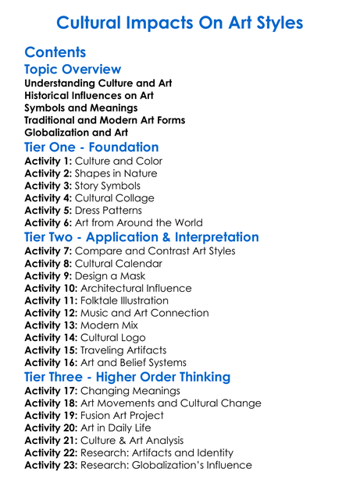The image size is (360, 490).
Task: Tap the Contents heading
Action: pyautogui.click(x=55, y=52)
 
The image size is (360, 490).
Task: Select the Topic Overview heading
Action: pyautogui.click(x=73, y=70)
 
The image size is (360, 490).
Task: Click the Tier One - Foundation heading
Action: pyautogui.click(x=91, y=147)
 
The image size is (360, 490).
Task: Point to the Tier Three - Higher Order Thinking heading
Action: pyautogui.click(x=127, y=376)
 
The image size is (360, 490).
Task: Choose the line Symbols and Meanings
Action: pyautogui.click(x=81, y=108)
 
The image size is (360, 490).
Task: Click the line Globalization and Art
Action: pyautogui.click(x=77, y=132)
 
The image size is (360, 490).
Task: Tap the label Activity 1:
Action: pyautogui.click(x=48, y=161)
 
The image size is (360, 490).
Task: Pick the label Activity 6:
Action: pyautogui.click(x=48, y=223)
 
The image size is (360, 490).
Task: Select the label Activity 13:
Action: pyautogui.click(x=52, y=325)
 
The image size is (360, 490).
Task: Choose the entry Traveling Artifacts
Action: pyautogui.click(x=123, y=350)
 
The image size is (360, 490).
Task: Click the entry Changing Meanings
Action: pyautogui.click(x=130, y=390)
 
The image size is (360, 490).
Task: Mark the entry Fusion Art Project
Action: pyautogui.click(x=130, y=415)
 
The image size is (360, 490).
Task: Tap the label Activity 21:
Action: pyautogui.click(x=52, y=440)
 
